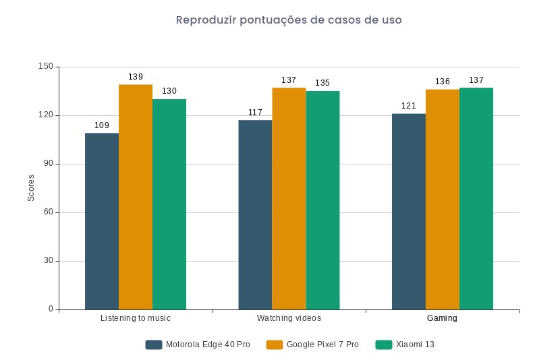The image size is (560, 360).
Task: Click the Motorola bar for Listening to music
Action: [x=102, y=221]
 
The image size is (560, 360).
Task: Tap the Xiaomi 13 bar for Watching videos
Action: [x=323, y=200]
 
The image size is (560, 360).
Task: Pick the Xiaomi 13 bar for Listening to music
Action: [x=169, y=204]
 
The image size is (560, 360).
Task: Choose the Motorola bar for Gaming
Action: [x=409, y=212]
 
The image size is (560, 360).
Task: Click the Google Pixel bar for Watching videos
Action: [x=289, y=198]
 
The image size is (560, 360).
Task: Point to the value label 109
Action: [x=102, y=125]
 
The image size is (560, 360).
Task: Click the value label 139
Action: [x=136, y=77]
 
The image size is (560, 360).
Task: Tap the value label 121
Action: [x=409, y=106]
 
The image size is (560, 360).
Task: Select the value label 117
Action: [x=255, y=113]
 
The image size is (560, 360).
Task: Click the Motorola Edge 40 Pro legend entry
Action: [x=198, y=344]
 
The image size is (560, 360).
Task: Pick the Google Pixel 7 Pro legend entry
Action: [x=312, y=344]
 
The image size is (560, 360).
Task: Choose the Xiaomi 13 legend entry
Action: [x=405, y=344]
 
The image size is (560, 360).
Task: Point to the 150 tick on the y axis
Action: [x=46, y=67]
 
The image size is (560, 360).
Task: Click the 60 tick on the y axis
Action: [x=49, y=212]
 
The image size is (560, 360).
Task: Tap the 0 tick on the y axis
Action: [x=51, y=309]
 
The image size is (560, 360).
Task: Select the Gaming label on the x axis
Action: [x=443, y=318]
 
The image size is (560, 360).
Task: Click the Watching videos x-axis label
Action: [x=289, y=318]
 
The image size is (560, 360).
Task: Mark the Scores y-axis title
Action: [x=31, y=188]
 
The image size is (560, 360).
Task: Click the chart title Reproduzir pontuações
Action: [x=289, y=20]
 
